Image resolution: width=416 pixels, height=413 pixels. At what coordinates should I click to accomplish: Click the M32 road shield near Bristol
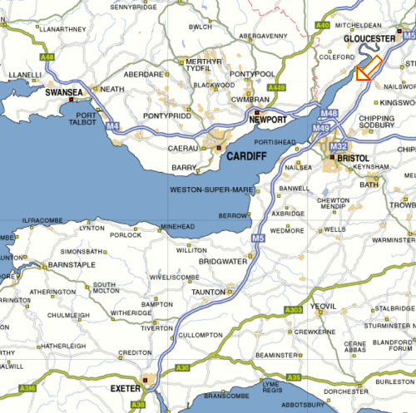[x=338, y=146]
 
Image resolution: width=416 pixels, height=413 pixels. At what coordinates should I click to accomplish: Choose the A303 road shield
[x=293, y=310]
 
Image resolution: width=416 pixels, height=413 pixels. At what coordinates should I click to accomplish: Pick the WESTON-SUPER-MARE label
[x=211, y=190]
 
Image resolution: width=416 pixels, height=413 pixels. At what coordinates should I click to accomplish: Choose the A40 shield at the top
[x=323, y=26]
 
